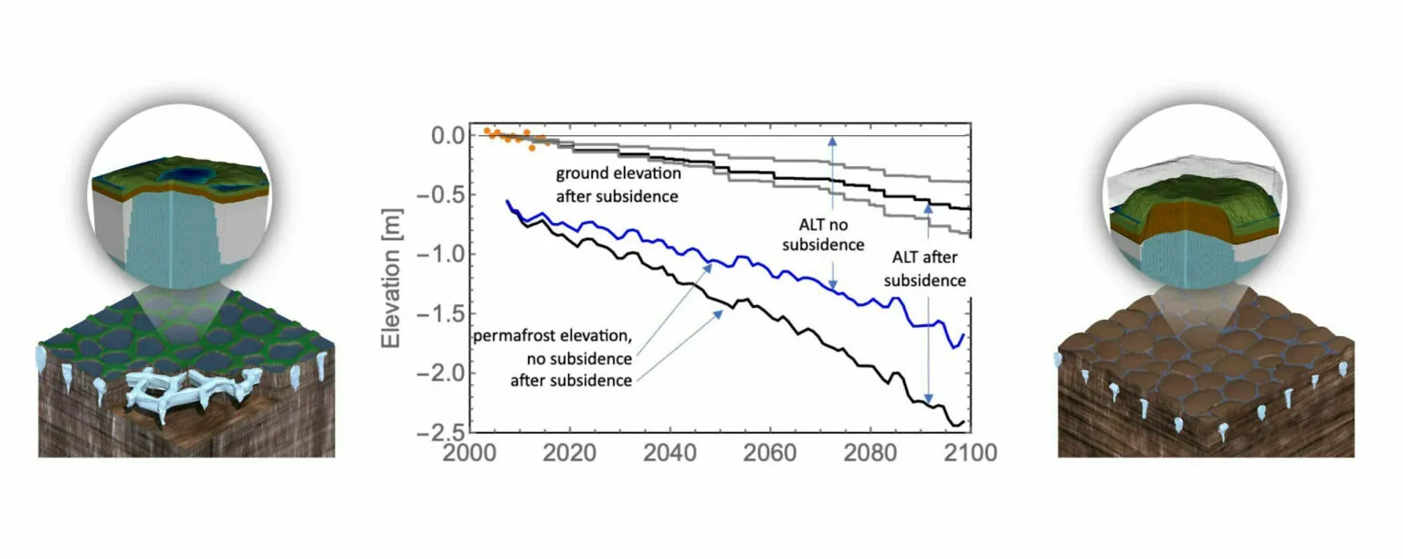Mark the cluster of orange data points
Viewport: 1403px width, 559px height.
click(515, 138)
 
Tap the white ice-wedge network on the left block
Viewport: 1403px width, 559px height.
click(191, 394)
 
